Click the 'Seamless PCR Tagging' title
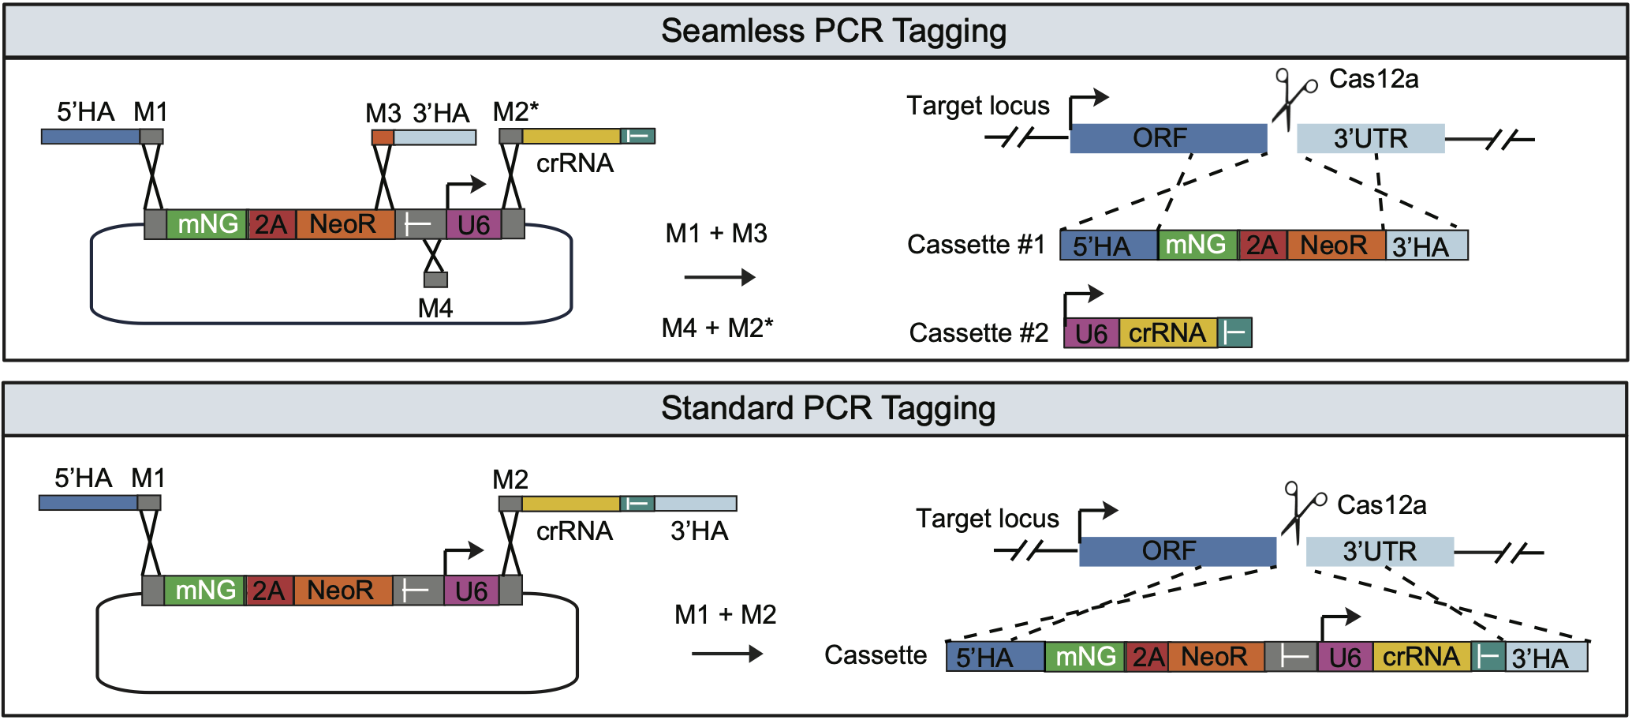(x=833, y=31)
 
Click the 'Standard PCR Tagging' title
(x=827, y=408)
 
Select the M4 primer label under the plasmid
(x=435, y=308)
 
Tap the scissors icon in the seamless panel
(x=1292, y=98)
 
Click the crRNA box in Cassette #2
(x=1167, y=333)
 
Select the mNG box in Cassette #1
(x=1196, y=245)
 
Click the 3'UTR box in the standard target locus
(x=1379, y=551)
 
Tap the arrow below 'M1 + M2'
(x=726, y=654)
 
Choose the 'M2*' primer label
(x=516, y=111)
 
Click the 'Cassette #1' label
(x=976, y=245)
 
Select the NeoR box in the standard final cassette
(x=1214, y=657)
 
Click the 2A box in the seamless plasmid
(x=271, y=225)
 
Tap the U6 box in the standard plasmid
(x=471, y=591)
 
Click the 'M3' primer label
(x=383, y=113)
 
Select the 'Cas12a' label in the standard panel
(x=1381, y=505)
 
